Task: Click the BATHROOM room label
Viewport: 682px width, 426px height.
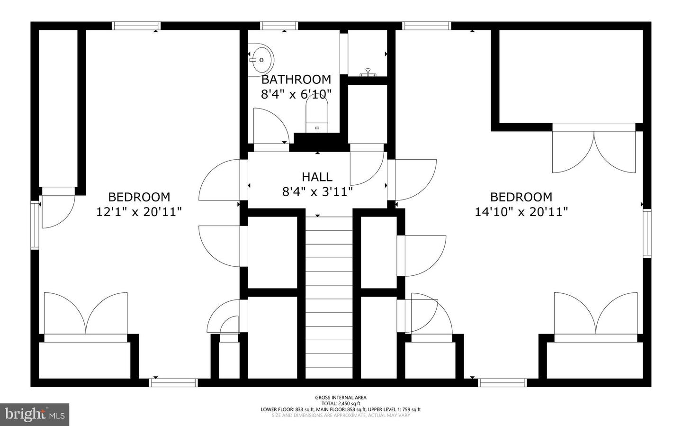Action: [296, 80]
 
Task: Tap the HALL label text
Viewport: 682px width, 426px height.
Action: [317, 177]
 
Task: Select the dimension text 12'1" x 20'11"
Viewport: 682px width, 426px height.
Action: [139, 212]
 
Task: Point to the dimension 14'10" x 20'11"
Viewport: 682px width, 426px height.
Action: [521, 212]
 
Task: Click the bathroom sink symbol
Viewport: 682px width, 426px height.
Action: [261, 60]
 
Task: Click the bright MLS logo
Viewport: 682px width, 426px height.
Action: [35, 415]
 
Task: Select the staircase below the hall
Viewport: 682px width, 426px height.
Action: [329, 297]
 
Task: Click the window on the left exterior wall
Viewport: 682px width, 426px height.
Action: [35, 225]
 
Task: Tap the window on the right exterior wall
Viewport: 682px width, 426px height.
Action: [647, 234]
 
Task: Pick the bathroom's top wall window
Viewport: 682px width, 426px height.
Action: [279, 26]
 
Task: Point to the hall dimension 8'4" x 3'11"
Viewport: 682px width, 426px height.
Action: [317, 192]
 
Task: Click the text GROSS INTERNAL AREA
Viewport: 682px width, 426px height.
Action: [341, 398]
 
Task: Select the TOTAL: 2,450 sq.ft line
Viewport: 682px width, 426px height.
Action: [341, 403]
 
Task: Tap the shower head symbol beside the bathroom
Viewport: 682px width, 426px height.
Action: [368, 73]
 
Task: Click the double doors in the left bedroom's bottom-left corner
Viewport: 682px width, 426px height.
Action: [86, 313]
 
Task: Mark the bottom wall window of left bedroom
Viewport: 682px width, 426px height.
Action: [173, 383]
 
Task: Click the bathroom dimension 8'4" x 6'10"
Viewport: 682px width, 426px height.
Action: [296, 94]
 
